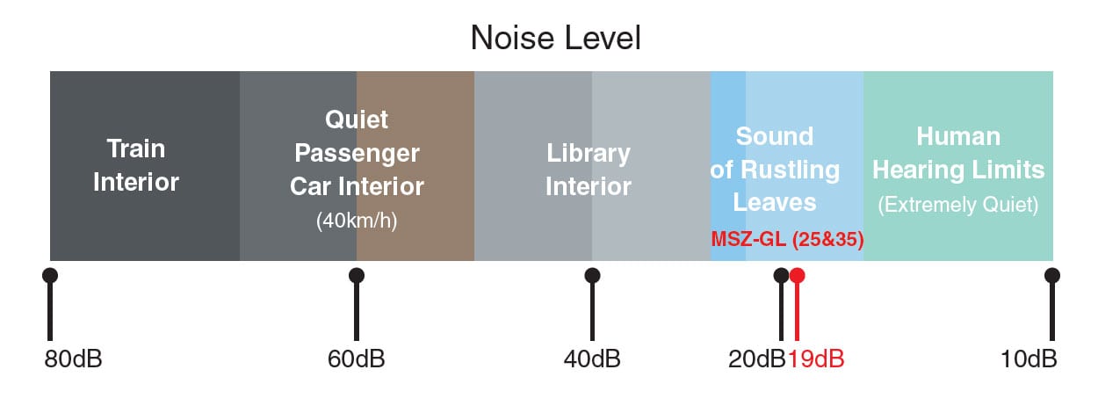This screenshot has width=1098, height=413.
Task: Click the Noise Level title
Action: click(x=555, y=38)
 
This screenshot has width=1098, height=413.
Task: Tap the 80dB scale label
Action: click(x=73, y=359)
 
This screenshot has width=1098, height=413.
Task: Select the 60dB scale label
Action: click(x=356, y=359)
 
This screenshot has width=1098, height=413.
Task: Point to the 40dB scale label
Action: click(x=592, y=359)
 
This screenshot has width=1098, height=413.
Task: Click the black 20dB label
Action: click(x=757, y=359)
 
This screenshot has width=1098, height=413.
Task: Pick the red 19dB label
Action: click(x=816, y=359)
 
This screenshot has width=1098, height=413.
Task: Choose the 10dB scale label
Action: click(x=1029, y=359)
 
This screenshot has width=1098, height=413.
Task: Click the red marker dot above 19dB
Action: click(x=797, y=276)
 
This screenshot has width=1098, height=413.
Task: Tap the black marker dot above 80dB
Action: click(x=50, y=276)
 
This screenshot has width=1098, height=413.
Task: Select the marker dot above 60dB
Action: click(x=357, y=276)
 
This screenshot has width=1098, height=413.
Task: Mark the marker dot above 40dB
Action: click(x=592, y=276)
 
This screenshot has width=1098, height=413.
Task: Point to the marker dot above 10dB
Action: click(x=1052, y=276)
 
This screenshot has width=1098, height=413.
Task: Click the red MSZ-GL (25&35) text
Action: click(x=787, y=239)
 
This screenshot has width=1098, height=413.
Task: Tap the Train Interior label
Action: click(x=136, y=165)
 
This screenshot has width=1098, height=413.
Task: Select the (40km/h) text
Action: click(x=357, y=221)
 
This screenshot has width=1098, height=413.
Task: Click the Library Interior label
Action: click(x=589, y=170)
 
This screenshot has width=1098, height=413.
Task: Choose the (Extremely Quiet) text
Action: click(x=957, y=205)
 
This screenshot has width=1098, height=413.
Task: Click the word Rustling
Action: click(x=790, y=170)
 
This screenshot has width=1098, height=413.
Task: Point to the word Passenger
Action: click(x=357, y=154)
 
